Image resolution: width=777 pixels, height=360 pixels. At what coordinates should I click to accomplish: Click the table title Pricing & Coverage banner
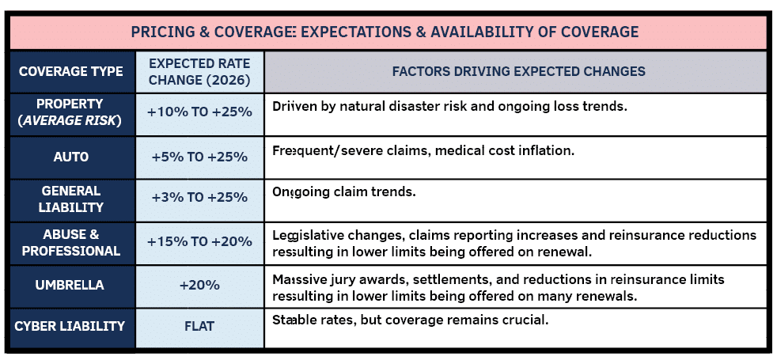(385, 32)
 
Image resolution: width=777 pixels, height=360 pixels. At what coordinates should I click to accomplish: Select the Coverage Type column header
(71, 71)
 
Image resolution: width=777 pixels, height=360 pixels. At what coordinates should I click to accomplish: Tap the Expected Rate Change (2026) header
(199, 71)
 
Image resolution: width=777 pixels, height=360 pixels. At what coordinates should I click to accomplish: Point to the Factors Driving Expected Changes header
(518, 71)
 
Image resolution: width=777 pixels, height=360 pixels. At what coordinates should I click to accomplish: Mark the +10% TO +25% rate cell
(199, 112)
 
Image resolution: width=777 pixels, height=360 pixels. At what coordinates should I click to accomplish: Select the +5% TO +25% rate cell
(199, 157)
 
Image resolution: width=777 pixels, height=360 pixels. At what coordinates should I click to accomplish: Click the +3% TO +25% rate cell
(199, 199)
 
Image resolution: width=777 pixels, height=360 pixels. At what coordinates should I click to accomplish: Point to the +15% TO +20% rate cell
(199, 242)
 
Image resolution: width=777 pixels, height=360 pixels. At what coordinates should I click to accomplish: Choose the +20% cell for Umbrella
(199, 285)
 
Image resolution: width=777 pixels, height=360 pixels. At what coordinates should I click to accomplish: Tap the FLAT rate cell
(199, 327)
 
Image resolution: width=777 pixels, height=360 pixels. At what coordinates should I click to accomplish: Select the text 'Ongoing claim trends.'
(343, 192)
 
